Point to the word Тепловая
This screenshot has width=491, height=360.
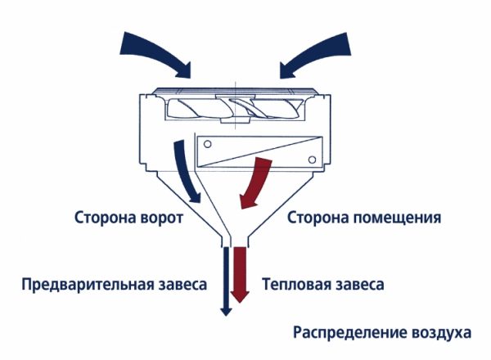coord(297,286)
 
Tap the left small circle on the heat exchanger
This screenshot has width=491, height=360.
coord(207,145)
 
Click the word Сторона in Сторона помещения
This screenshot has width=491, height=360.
coord(319,219)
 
